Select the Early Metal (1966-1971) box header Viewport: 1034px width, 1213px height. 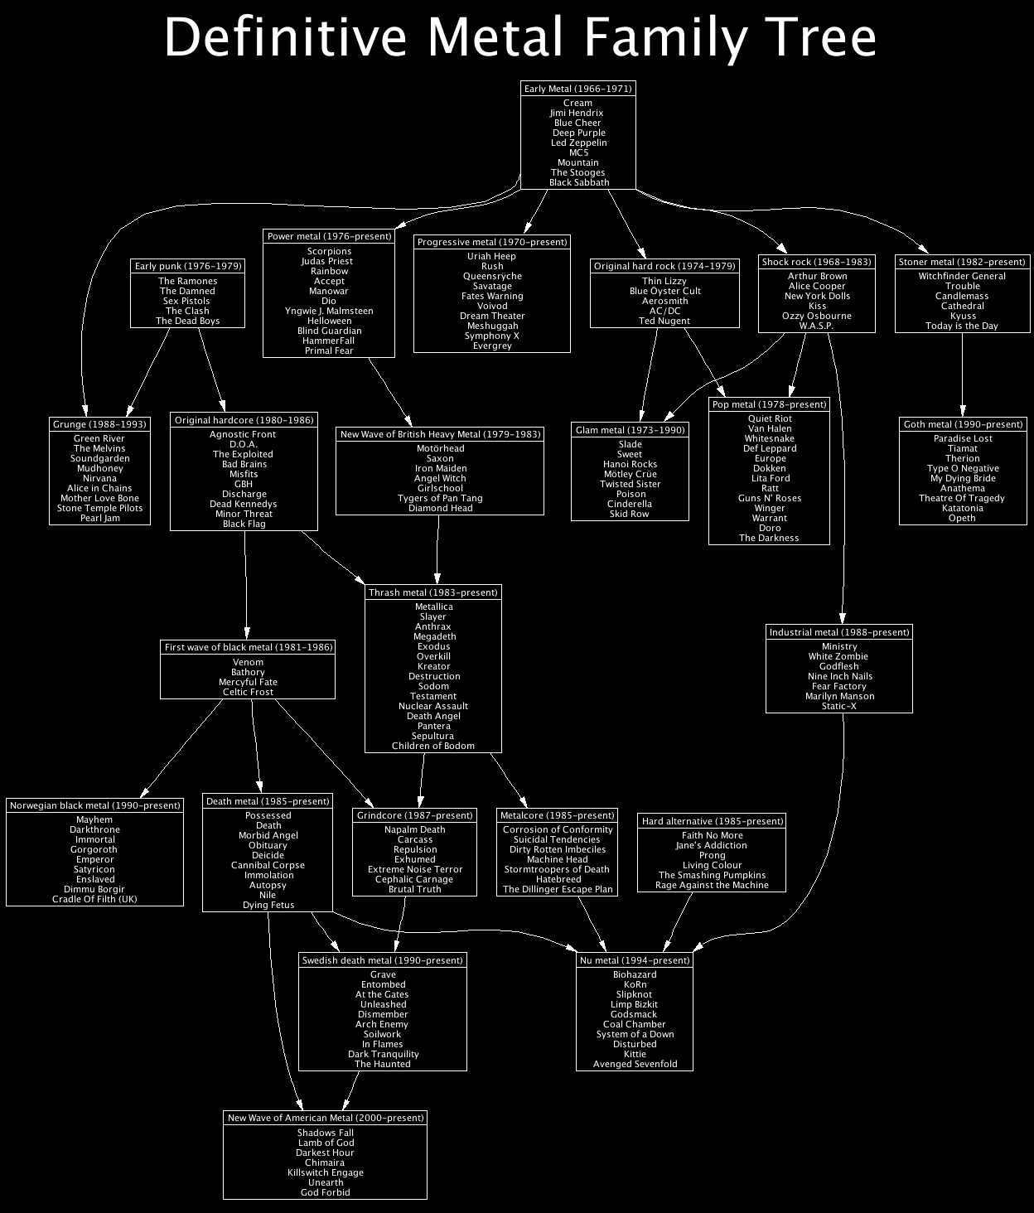coord(578,89)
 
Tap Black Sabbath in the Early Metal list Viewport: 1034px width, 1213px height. coord(578,182)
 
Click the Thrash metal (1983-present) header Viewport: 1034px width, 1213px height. coord(433,592)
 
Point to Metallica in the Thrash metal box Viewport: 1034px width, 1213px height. coord(433,606)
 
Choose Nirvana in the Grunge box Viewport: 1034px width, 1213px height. coord(99,478)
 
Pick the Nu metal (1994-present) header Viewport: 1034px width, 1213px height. coord(635,960)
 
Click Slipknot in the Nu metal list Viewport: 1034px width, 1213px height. coord(635,994)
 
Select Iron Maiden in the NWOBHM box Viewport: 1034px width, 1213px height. coord(440,468)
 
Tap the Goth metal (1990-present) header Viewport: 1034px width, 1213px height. coord(963,424)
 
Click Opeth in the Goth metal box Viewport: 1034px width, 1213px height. coord(963,518)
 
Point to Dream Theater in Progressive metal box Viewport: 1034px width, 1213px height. coord(492,316)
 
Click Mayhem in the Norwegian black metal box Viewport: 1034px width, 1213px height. coord(94,819)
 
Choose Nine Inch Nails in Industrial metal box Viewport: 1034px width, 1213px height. coord(839,676)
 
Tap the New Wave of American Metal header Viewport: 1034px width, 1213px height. coord(326,1118)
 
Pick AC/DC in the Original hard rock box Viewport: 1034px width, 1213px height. coord(664,311)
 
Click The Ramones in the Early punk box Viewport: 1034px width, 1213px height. coord(187,281)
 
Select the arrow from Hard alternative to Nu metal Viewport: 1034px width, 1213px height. coord(679,920)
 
